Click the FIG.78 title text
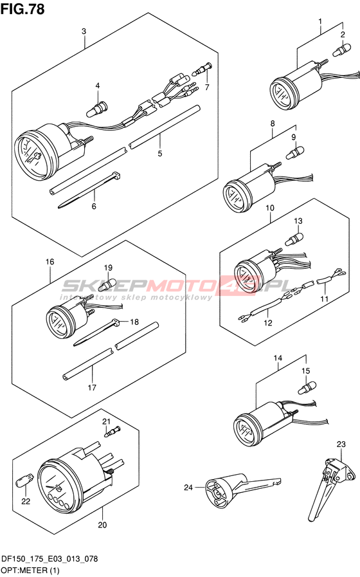22,9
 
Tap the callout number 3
84,32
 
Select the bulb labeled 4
96,109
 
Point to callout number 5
160,154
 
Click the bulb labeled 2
341,50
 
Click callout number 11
324,299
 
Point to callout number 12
268,323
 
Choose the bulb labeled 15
307,387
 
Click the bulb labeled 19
107,283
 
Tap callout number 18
134,322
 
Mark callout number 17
92,387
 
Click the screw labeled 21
113,431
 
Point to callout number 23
341,444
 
